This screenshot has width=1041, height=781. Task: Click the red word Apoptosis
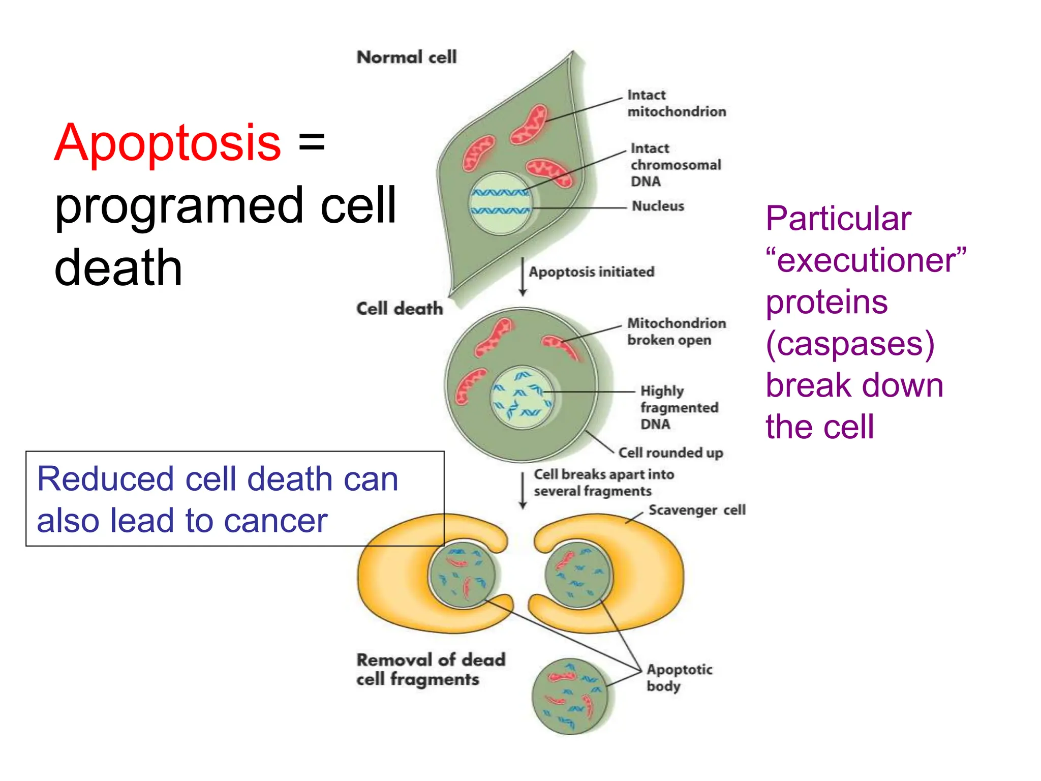[167, 143]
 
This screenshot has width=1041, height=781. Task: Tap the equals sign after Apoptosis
[311, 141]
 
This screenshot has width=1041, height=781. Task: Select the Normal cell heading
[406, 57]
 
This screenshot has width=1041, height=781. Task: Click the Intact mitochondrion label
[676, 103]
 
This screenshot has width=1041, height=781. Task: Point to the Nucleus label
[657, 206]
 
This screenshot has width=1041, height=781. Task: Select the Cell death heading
[400, 309]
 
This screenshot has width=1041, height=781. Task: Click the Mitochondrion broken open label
[676, 332]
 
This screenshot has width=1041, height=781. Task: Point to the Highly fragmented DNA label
[678, 407]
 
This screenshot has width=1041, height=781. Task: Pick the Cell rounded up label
[670, 453]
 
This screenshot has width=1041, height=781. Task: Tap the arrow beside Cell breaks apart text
[523, 491]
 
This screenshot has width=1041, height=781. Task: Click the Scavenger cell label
[696, 510]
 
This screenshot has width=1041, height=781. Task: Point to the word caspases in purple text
[850, 344]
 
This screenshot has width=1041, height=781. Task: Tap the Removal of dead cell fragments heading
[430, 669]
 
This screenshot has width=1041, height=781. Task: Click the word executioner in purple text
[866, 260]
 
